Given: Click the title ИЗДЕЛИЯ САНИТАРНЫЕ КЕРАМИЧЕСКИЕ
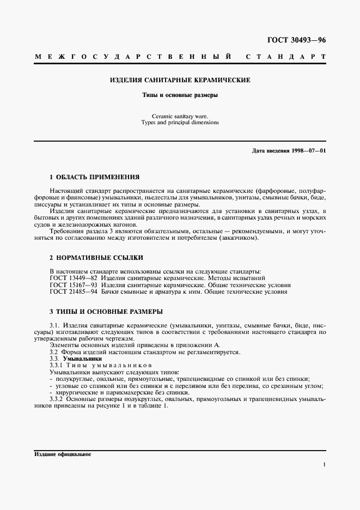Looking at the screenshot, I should tap(180, 80).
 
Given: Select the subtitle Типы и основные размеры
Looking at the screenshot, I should tap(180, 95).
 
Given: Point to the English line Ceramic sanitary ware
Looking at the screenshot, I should tap(180, 116).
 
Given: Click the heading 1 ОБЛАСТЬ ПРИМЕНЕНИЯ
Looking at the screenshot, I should tap(95, 177).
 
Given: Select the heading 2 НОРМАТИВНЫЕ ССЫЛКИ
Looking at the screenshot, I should tap(93, 258).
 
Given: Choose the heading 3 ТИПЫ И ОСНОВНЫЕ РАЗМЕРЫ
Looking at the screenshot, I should tap(106, 311).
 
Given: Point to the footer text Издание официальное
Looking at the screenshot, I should tap(63, 454).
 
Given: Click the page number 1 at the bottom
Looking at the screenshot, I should tap(324, 465).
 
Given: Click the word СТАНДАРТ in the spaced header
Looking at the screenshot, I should tap(286, 57).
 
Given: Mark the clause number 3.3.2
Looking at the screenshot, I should tap(57, 399).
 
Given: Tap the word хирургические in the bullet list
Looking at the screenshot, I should tap(74, 393).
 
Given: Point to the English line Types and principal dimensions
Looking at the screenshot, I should tap(180, 123).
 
